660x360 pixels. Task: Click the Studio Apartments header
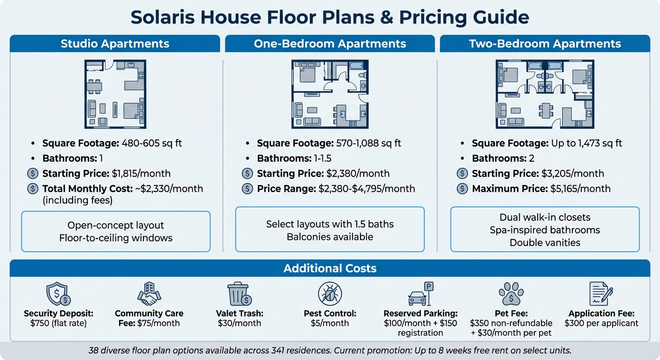click(x=115, y=44)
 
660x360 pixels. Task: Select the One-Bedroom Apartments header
click(x=330, y=44)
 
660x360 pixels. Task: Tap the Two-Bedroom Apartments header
click(x=545, y=44)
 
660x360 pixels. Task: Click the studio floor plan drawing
click(x=115, y=94)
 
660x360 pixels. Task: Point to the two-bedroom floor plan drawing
click(x=545, y=94)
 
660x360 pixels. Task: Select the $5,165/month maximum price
click(x=577, y=189)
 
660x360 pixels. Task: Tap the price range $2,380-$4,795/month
click(x=367, y=189)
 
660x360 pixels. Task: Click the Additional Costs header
click(x=330, y=269)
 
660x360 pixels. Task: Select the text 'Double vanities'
click(x=545, y=243)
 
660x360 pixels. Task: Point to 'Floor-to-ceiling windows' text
click(x=116, y=238)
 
